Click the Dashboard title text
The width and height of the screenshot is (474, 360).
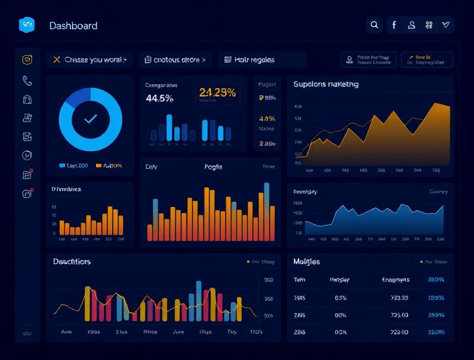tap(73, 25)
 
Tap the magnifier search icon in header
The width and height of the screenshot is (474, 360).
tap(374, 25)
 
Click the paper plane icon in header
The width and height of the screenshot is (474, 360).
tap(446, 25)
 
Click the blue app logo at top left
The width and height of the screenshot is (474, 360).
tap(27, 25)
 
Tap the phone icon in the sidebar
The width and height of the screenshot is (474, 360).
tap(27, 80)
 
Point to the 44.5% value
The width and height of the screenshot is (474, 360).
tap(159, 98)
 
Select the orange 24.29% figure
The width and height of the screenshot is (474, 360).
tap(217, 92)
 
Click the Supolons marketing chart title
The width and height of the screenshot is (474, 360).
tap(326, 84)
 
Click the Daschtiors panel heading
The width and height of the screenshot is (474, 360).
tap(72, 261)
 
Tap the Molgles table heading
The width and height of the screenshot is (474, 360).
tap(306, 261)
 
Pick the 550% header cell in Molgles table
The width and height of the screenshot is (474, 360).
tap(435, 279)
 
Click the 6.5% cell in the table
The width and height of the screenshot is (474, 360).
tap(340, 298)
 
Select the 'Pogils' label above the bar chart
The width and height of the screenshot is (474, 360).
tap(213, 167)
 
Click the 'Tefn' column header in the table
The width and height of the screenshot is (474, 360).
tap(299, 279)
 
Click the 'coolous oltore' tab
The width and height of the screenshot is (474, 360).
tap(176, 60)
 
